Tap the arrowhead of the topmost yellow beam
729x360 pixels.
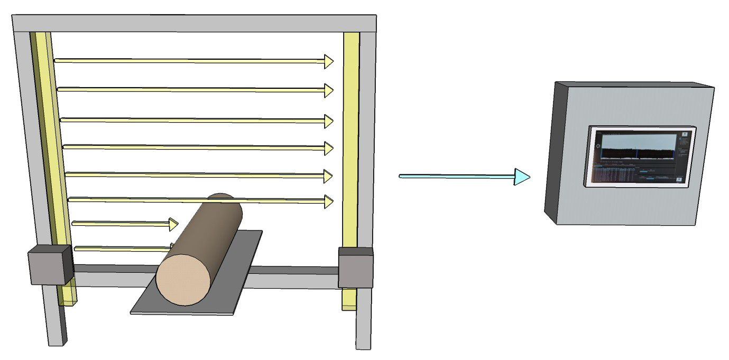click(x=329, y=62)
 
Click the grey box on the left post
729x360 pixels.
click(x=50, y=264)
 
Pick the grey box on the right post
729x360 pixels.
click(x=355, y=269)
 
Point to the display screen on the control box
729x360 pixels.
click(x=639, y=156)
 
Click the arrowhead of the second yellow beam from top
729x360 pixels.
click(x=329, y=91)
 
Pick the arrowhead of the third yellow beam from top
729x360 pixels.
click(x=329, y=121)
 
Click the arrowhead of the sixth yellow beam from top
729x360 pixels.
click(x=329, y=201)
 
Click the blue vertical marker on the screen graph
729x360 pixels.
click(x=637, y=153)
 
